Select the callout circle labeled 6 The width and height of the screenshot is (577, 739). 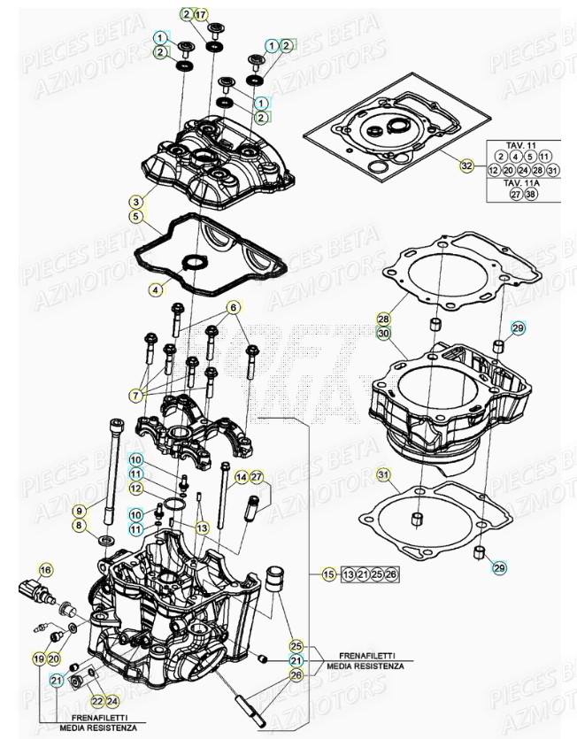(234, 307)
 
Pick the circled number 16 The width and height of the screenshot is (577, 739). (45, 569)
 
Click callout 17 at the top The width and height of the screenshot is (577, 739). (201, 14)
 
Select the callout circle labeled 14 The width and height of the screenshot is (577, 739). (241, 478)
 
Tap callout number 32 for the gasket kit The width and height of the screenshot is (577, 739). (466, 166)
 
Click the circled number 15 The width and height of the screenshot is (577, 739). (328, 575)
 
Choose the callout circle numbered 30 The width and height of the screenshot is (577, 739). (383, 333)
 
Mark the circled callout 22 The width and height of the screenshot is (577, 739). (97, 676)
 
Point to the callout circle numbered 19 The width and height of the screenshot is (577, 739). (38, 658)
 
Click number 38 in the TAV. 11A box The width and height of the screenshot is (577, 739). (531, 195)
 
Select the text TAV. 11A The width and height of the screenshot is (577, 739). (523, 182)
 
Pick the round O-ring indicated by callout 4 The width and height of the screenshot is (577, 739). (192, 263)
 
